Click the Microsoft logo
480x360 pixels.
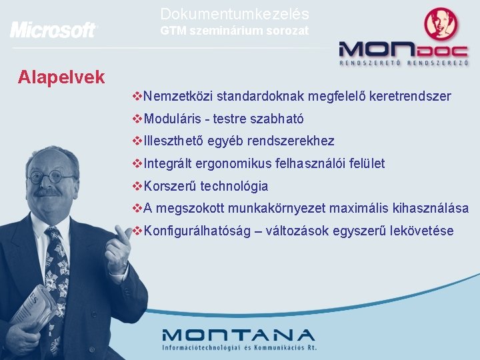(x=53, y=30)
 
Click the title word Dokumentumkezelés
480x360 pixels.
(x=235, y=13)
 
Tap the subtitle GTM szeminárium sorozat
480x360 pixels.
(x=235, y=31)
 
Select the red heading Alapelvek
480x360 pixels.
(x=61, y=77)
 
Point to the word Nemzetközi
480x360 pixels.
(x=178, y=97)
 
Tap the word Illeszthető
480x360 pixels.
(x=175, y=141)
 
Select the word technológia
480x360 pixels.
(x=234, y=187)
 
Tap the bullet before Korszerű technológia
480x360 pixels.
(x=137, y=187)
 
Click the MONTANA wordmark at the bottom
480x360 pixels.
(x=238, y=335)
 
